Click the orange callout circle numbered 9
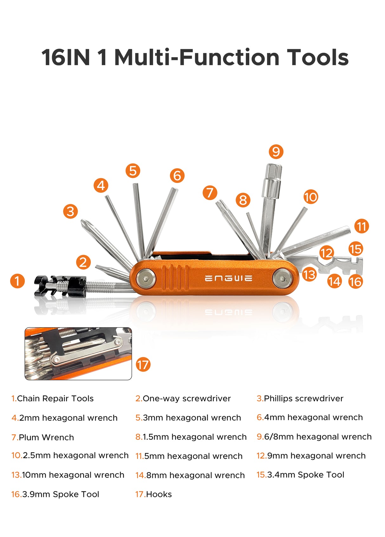[276, 151]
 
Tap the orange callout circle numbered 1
[17, 281]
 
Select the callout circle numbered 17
[143, 365]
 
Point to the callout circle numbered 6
[177, 176]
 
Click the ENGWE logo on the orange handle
[228, 279]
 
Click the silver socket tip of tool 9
[272, 181]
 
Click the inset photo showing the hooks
[78, 353]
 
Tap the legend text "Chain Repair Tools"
[55, 399]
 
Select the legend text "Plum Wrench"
[46, 437]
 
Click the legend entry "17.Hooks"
[153, 494]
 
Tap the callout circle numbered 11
[361, 226]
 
